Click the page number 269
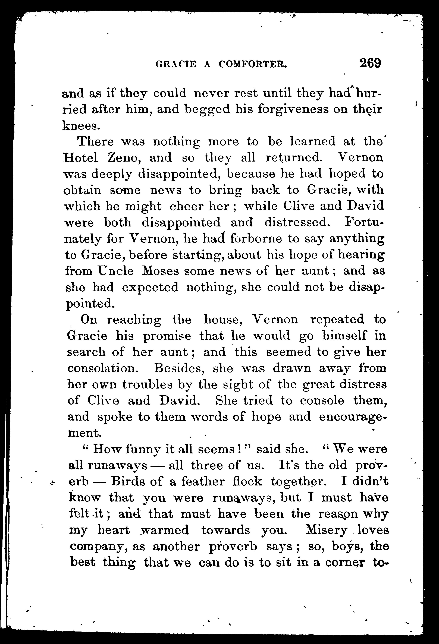[x=371, y=63]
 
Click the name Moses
[x=161, y=271]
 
